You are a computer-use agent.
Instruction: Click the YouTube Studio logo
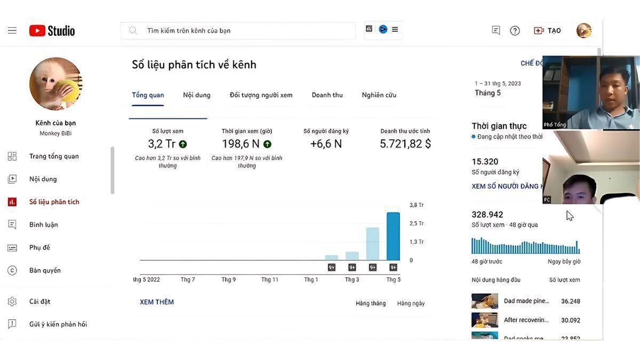[x=52, y=30]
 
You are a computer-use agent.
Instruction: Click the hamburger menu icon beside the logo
[x=12, y=30]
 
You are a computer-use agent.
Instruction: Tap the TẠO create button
[x=548, y=30]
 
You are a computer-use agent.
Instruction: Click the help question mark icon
[x=515, y=30]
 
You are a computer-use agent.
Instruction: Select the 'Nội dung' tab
[x=197, y=95]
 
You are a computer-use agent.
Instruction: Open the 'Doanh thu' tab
[x=327, y=95]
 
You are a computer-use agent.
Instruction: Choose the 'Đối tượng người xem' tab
[x=261, y=95]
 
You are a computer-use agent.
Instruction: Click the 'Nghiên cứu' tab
[x=379, y=95]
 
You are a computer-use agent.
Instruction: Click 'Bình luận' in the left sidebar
[x=43, y=225]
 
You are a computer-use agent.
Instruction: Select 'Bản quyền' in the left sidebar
[x=45, y=270]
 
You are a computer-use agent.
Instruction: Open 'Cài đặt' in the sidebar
[x=39, y=301]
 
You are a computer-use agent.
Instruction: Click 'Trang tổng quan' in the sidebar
[x=54, y=156]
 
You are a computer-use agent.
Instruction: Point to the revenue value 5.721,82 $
[x=405, y=143]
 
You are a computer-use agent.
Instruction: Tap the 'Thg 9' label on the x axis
[x=228, y=279]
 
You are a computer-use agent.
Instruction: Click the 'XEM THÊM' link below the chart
[x=157, y=302]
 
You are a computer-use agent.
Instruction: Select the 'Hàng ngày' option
[x=411, y=303]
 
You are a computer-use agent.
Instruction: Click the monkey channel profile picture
[x=55, y=84]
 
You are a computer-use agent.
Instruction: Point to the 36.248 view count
[x=570, y=301]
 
